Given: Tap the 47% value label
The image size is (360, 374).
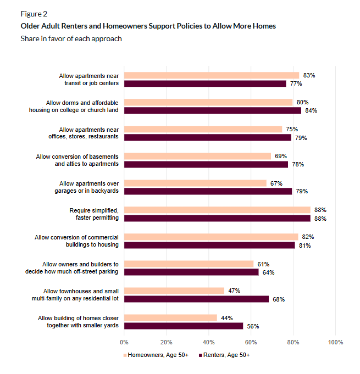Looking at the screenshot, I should pos(235,291).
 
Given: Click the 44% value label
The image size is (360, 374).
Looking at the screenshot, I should pos(228,317).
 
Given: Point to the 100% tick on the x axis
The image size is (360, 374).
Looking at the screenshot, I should pos(335,342).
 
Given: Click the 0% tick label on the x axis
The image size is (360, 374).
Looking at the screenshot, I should pos(124,342).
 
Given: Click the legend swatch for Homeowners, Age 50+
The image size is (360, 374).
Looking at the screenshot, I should pos(125,355).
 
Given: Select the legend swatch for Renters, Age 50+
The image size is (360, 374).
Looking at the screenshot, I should pos(200,355).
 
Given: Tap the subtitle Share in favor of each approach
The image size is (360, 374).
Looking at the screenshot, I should pos(71,38).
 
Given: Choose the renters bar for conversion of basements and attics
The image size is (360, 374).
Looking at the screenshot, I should pos(206,164).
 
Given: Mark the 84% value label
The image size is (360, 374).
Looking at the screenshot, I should pos(312,110).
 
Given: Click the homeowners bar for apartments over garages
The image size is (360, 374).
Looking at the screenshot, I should pos(195,183).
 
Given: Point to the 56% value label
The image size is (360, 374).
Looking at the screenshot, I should pos(253,326).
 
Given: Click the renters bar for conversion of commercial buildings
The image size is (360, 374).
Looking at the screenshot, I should pos(209,245).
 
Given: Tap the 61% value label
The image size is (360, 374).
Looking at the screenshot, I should pos(263,264).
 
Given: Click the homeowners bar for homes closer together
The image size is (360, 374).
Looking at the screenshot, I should pos(170,317).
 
